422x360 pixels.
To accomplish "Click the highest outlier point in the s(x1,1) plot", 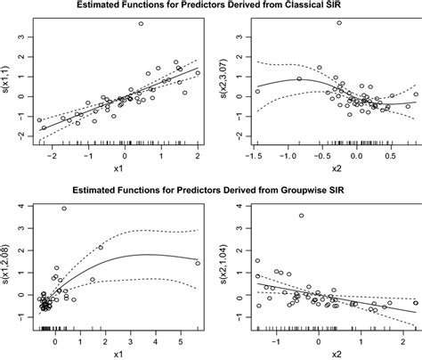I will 141,24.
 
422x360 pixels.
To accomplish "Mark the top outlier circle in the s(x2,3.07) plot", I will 339,23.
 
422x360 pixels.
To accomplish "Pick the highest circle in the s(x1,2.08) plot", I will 64,209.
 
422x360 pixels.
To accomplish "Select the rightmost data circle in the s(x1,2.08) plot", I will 198,263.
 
